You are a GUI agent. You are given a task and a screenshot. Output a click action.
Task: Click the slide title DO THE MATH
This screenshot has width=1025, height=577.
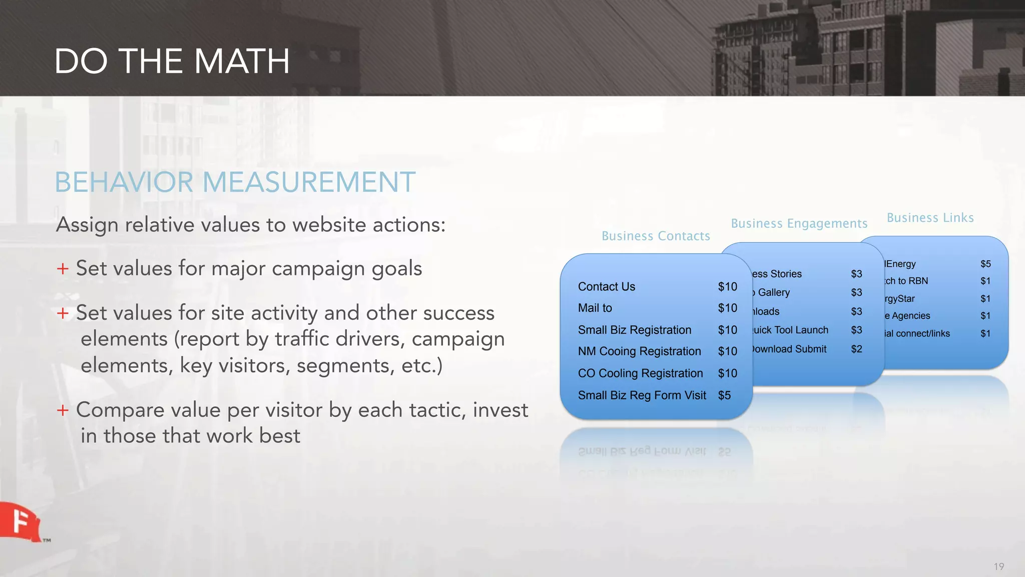pos(172,62)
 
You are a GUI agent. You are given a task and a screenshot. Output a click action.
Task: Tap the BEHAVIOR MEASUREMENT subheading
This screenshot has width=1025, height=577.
pos(235,182)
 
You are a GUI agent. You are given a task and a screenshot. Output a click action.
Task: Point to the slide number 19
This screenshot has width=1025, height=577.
pos(998,566)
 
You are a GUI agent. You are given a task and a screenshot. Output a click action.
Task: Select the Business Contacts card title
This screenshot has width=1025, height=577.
pos(656,236)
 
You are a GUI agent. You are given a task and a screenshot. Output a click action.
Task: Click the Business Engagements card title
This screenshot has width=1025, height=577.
pos(799,223)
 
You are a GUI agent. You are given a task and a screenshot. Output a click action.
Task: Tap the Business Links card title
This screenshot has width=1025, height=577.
pos(930,218)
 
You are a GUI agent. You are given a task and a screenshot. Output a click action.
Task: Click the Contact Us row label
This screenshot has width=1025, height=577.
pos(606,286)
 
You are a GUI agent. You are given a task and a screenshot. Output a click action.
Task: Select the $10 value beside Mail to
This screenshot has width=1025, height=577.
pos(727,308)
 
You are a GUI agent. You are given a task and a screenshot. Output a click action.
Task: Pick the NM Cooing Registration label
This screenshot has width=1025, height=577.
pos(639,351)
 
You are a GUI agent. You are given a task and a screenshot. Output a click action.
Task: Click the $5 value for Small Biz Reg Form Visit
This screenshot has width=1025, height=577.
pos(724,395)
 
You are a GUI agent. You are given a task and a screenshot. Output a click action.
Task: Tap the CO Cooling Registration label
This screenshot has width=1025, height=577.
pos(640,373)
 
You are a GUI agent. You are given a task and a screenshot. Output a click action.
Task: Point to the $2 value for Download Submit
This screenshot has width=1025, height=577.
pos(856,349)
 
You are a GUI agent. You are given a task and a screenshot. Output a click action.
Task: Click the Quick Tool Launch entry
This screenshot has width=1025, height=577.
pos(790,330)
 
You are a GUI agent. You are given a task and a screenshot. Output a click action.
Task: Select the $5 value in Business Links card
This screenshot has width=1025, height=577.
pos(985,264)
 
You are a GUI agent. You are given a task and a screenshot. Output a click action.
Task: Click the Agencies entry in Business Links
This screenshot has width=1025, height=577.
pos(908,316)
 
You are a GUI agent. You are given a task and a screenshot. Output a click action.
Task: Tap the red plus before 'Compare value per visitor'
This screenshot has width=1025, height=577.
pos(63,410)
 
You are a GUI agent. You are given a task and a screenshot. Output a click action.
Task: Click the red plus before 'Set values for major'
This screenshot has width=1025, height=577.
pos(63,268)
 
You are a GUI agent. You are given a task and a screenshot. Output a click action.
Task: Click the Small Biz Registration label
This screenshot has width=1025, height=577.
pos(634,330)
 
